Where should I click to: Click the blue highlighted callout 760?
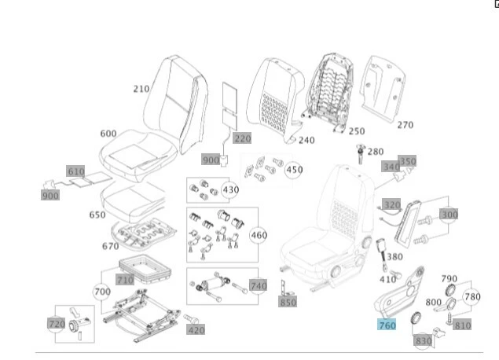pos(387,325)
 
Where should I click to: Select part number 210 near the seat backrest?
pos(141,89)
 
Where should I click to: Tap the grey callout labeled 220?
pos(242,138)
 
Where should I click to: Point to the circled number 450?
pos(294,170)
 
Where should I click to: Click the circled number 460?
pos(259,235)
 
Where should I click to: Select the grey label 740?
pos(258,285)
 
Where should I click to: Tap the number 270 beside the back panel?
pos(405,124)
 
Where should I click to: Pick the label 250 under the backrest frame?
pos(357,131)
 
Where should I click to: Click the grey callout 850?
pos(288,302)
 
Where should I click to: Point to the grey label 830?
pos(423,340)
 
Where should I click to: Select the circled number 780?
pos(471,296)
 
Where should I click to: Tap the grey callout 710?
pos(125,279)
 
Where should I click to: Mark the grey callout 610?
pos(75,171)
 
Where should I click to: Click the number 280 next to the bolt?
pos(376,152)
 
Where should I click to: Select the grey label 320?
pos(391,204)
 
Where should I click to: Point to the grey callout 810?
pos(463,325)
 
